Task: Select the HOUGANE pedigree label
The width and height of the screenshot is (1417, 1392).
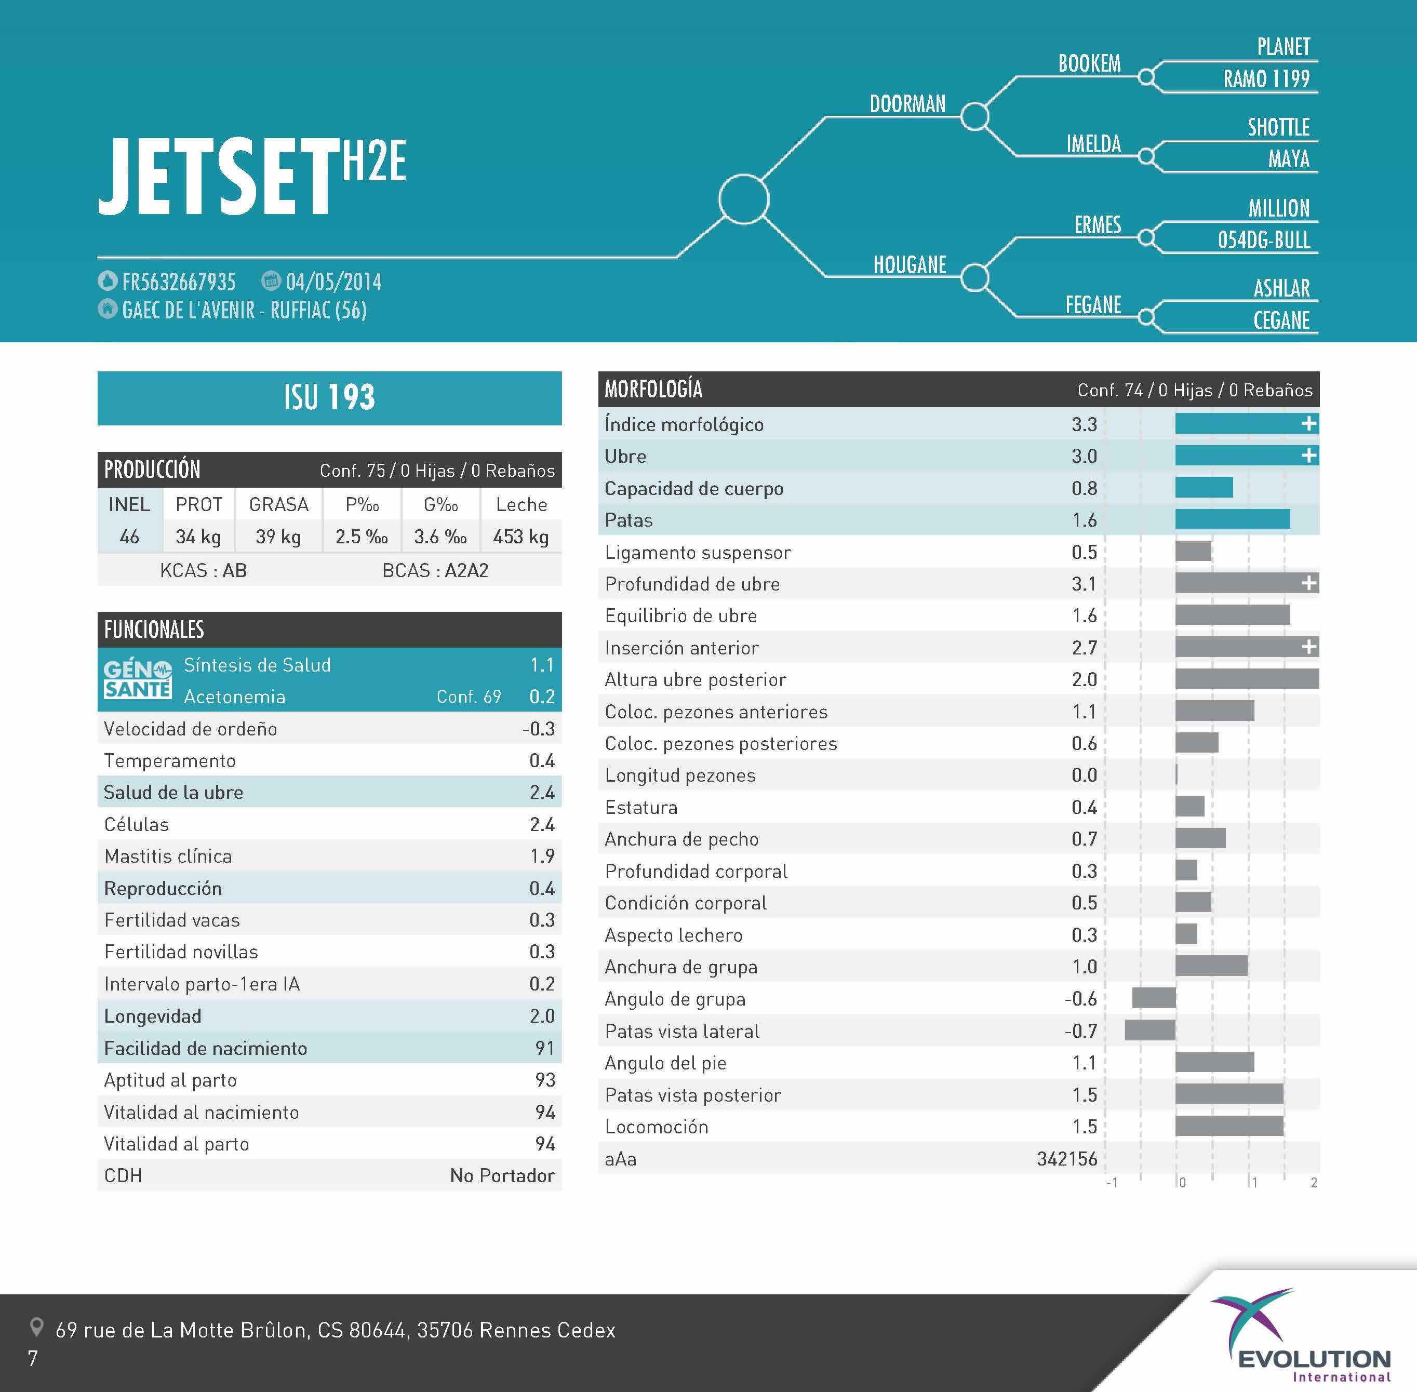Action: (909, 265)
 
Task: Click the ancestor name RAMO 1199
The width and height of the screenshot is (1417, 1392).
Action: (1266, 79)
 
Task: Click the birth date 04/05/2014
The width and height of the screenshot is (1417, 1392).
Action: (333, 282)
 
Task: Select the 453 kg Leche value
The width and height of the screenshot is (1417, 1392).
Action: (520, 538)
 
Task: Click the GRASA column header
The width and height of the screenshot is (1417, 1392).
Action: (278, 504)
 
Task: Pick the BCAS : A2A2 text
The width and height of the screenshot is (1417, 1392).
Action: (435, 570)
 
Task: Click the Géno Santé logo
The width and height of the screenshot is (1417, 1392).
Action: (138, 679)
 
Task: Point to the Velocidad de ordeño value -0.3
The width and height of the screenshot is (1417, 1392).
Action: (539, 729)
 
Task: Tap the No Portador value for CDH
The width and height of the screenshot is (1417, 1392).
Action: (502, 1175)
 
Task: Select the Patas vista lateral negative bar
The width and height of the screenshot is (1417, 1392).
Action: (1149, 1030)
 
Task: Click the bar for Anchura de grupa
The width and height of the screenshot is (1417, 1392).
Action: (1211, 966)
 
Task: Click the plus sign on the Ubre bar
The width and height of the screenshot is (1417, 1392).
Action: (1308, 456)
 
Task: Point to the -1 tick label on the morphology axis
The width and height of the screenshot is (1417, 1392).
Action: (1112, 1183)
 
